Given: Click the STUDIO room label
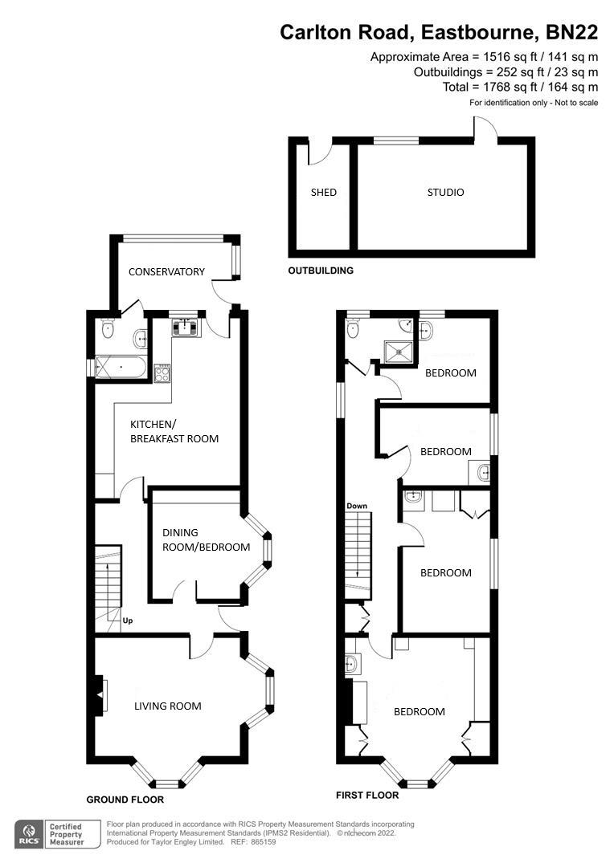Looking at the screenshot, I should pyautogui.click(x=445, y=193).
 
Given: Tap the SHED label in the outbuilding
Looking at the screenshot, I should pyautogui.click(x=324, y=193).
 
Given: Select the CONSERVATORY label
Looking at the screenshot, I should pyautogui.click(x=166, y=272).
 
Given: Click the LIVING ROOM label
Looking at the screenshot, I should pyautogui.click(x=167, y=706).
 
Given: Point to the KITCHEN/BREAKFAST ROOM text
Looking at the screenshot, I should pyautogui.click(x=174, y=431).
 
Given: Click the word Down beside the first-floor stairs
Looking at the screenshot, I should pyautogui.click(x=357, y=507).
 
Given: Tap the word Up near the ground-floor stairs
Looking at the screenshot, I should pyautogui.click(x=127, y=621).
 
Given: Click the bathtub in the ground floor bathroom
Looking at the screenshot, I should pyautogui.click(x=121, y=368).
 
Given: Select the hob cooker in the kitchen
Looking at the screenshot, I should pyautogui.click(x=162, y=372).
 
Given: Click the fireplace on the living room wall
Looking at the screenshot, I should pyautogui.click(x=100, y=695).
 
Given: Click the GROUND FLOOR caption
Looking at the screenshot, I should pyautogui.click(x=125, y=800).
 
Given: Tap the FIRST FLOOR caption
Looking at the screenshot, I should pyautogui.click(x=366, y=796).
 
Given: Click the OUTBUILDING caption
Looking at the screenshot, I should pyautogui.click(x=321, y=271).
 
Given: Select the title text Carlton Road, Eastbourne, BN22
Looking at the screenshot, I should pyautogui.click(x=439, y=32).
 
